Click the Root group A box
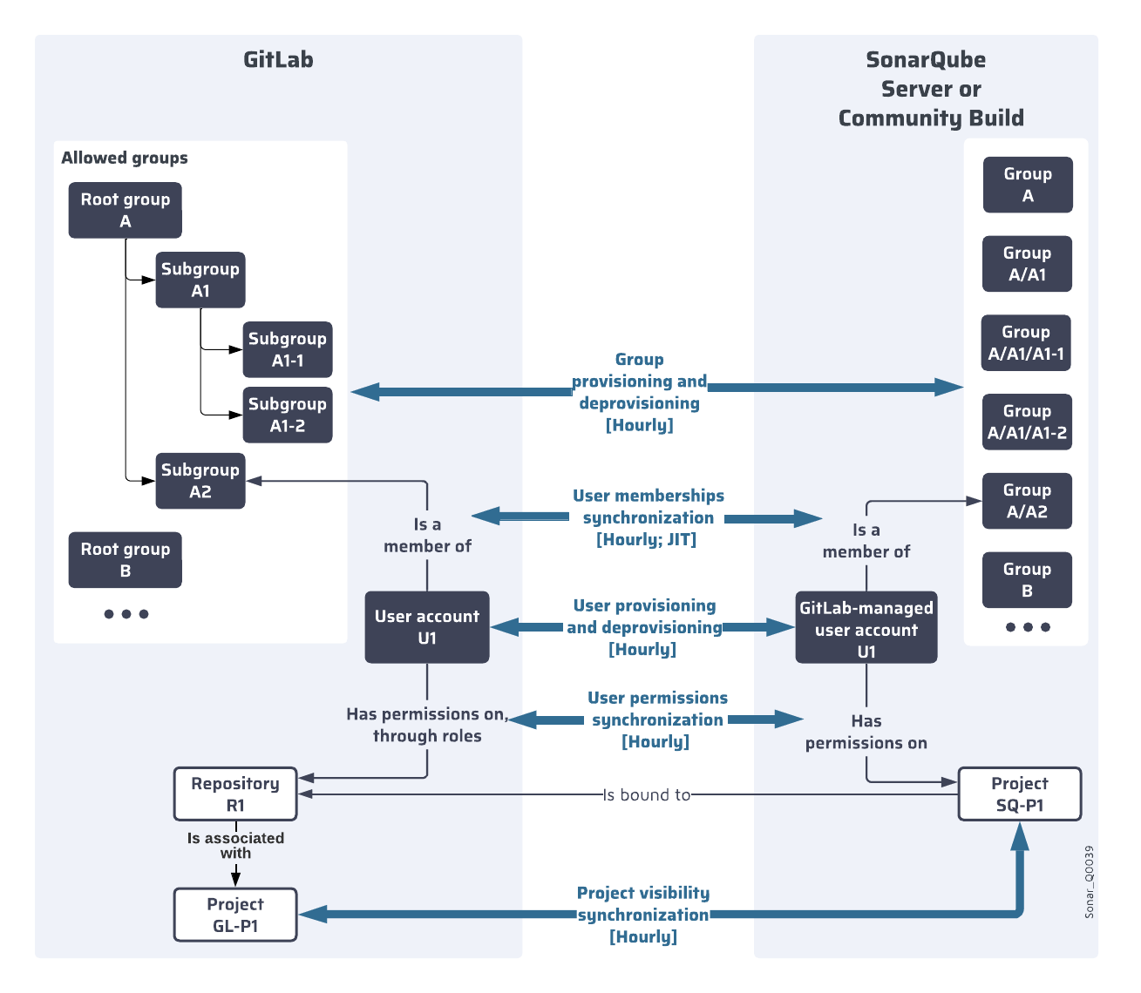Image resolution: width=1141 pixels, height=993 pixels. tap(126, 210)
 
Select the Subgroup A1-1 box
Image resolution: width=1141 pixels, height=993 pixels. tap(288, 349)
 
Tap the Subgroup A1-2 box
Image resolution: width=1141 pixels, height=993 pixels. tap(288, 415)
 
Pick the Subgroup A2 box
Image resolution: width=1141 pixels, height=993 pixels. tap(200, 481)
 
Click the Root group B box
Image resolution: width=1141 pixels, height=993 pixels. tap(126, 560)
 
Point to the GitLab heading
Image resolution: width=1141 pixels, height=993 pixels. tap(278, 59)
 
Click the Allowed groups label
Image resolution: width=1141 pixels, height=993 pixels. tap(125, 158)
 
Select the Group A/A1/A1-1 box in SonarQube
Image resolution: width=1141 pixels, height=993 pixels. tap(1026, 343)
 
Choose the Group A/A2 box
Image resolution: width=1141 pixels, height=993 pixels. tap(1027, 501)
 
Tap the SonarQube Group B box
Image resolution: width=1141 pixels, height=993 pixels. tap(1027, 580)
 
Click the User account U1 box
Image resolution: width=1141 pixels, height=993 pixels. tap(427, 627)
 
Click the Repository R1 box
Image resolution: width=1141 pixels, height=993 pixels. tap(235, 794)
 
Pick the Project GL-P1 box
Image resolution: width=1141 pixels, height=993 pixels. tap(235, 915)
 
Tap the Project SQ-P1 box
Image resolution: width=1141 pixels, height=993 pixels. tap(1020, 794)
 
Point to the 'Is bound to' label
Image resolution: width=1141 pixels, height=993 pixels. tap(647, 794)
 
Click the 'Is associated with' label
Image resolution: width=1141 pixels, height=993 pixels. tap(235, 845)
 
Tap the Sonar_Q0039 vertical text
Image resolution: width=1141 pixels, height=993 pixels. tap(1089, 882)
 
